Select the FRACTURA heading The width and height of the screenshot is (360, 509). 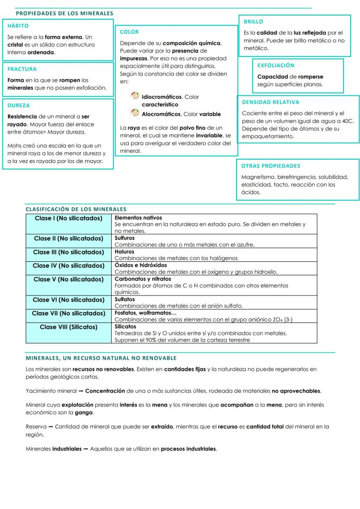[x=22, y=69]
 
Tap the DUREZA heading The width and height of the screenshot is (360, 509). [x=19, y=105]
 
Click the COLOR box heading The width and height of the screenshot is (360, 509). [x=129, y=32]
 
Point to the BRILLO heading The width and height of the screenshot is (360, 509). [x=253, y=22]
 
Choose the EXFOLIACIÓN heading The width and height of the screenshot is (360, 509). [x=276, y=66]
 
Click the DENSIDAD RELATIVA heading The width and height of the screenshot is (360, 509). [x=270, y=102]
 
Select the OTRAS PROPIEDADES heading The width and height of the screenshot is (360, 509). [x=270, y=166]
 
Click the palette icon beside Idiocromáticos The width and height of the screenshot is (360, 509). [x=135, y=96]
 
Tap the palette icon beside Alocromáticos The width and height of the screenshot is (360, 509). [x=135, y=113]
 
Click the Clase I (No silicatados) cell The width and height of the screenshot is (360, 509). [x=68, y=218]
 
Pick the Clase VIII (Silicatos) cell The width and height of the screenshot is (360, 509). [x=68, y=327]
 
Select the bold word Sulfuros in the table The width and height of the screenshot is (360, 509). [x=124, y=238]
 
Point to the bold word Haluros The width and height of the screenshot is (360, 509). [x=124, y=252]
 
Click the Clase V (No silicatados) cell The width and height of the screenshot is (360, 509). [x=68, y=279]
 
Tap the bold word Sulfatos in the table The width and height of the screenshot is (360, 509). [x=124, y=299]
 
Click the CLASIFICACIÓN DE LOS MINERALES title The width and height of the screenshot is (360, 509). [x=76, y=209]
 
